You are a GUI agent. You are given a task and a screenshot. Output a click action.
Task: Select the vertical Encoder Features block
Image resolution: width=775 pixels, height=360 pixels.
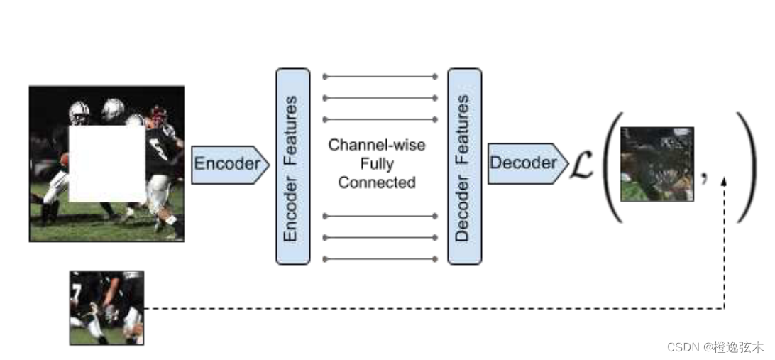pyautogui.click(x=292, y=166)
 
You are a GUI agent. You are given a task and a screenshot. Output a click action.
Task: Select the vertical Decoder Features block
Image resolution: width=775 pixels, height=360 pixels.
pyautogui.click(x=464, y=166)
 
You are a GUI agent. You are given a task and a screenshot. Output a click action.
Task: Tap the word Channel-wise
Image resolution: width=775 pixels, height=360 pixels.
pyautogui.click(x=376, y=146)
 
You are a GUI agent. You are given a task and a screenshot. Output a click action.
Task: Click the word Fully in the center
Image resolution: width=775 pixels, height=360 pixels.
pyautogui.click(x=376, y=164)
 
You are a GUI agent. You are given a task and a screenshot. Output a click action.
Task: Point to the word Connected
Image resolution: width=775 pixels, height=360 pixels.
pyautogui.click(x=376, y=182)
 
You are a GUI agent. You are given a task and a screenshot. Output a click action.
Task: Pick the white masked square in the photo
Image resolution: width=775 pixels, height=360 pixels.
pyautogui.click(x=107, y=164)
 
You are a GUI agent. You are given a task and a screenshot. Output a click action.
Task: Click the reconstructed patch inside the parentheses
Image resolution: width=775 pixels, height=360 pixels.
pyautogui.click(x=656, y=164)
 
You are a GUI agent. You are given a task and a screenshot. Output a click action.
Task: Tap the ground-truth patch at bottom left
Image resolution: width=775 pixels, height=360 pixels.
pyautogui.click(x=106, y=307)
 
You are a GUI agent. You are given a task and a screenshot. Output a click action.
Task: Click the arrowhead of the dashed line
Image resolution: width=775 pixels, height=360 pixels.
pyautogui.click(x=724, y=182)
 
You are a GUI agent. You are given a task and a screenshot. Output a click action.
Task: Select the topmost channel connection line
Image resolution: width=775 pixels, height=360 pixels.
pyautogui.click(x=380, y=76)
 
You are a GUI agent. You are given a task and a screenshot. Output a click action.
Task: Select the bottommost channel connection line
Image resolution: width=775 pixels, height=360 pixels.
pyautogui.click(x=380, y=258)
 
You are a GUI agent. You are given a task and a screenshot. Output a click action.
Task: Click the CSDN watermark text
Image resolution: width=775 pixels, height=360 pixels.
pyautogui.click(x=715, y=347)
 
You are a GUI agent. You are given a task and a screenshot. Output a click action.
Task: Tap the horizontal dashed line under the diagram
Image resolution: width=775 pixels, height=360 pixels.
pyautogui.click(x=426, y=308)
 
